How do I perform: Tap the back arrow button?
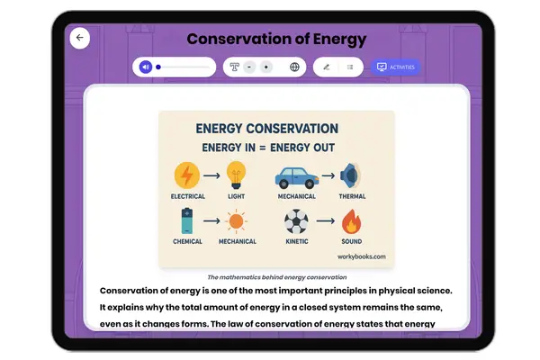point(80,38)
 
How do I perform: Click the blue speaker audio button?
point(146,67)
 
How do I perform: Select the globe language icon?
point(294,67)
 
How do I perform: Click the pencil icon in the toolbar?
point(327,67)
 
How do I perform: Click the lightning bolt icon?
point(187,175)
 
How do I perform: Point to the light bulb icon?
point(236,173)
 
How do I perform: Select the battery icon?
point(187,220)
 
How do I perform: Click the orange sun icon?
point(237,221)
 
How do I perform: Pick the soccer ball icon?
point(296,221)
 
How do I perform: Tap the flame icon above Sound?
point(352,221)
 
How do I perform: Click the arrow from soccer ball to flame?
point(324,221)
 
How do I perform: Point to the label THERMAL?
point(352,196)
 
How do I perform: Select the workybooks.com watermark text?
point(363,256)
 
